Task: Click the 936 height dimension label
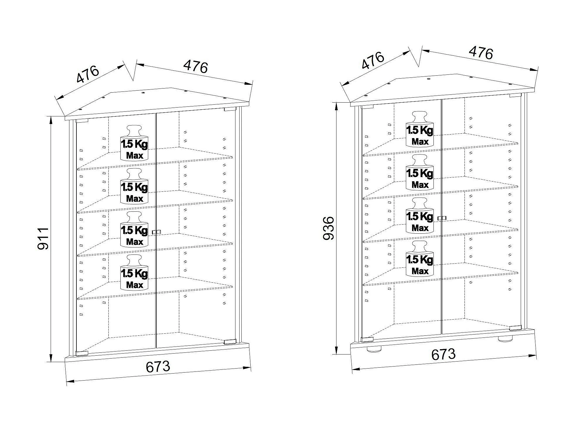(328, 228)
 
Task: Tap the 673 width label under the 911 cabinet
(158, 367)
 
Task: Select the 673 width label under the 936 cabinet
(443, 354)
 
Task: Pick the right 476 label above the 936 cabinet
(481, 53)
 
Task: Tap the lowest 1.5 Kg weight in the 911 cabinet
(134, 272)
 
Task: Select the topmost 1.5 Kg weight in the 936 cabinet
(420, 129)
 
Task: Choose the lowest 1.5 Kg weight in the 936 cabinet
(420, 259)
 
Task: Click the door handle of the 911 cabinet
(157, 232)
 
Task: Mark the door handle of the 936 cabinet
(442, 218)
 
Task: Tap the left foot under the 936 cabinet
(374, 349)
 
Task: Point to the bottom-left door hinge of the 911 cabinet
(82, 353)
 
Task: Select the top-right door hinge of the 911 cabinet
(230, 109)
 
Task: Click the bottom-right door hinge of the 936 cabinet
(515, 328)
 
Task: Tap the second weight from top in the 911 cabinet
(134, 186)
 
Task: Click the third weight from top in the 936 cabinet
(420, 215)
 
